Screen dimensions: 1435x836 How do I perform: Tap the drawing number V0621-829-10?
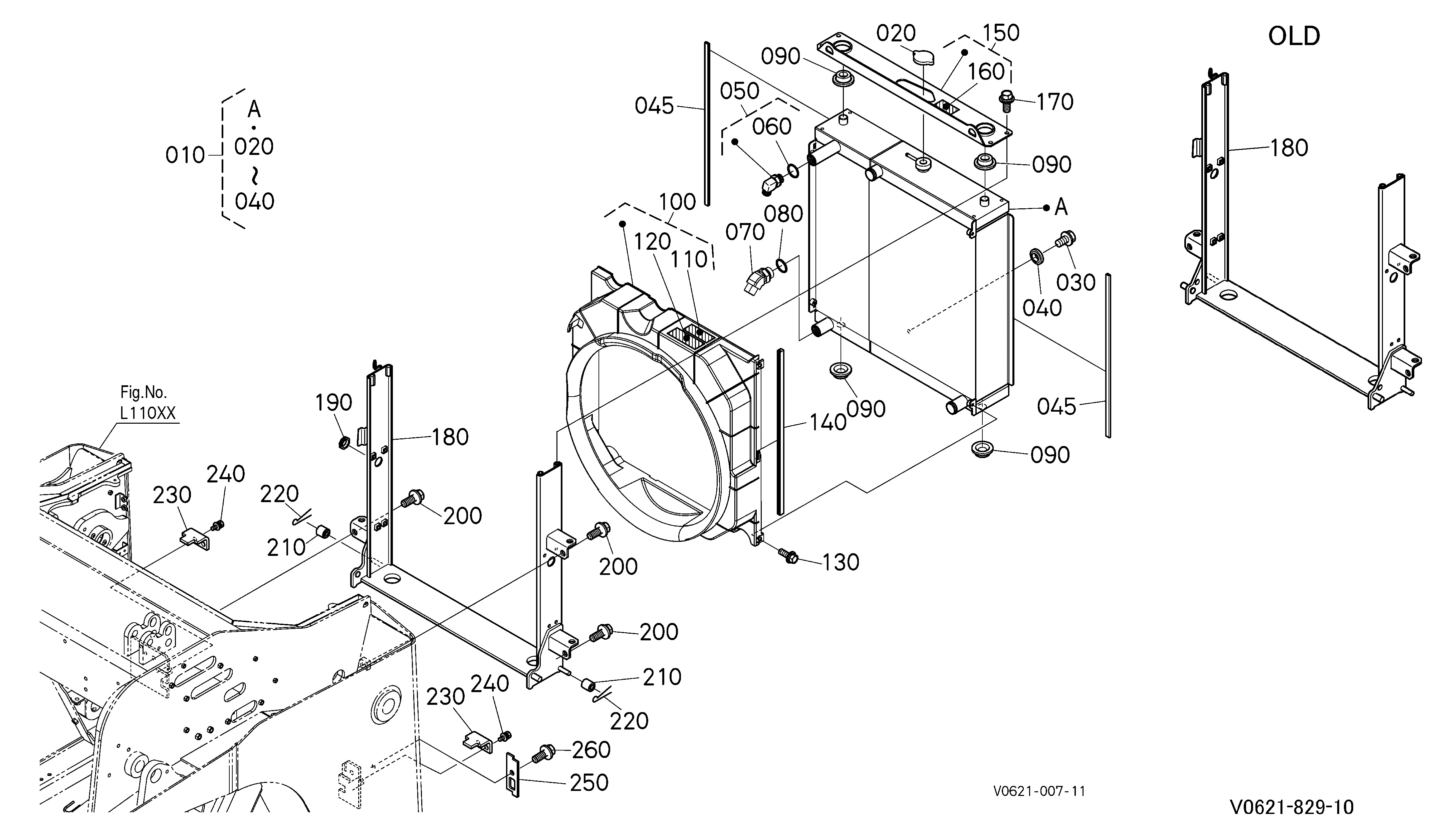coord(1291,807)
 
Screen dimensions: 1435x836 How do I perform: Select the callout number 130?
coord(841,562)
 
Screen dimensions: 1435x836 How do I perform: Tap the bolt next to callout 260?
coord(543,754)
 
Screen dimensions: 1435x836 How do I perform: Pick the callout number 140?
coord(828,423)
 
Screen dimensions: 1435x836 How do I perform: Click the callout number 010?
coord(185,155)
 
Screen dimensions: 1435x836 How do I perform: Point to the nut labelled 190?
coord(344,442)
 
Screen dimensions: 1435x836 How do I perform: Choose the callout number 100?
coord(678,202)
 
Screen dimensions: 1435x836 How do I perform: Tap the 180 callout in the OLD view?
coord(1289,148)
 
